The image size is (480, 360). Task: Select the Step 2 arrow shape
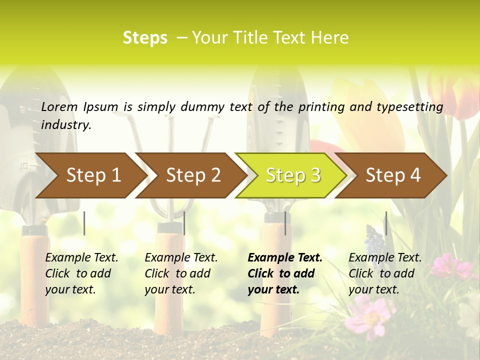click(x=193, y=175)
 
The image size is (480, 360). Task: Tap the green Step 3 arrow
click(x=293, y=175)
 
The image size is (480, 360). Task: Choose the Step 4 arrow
click(x=393, y=175)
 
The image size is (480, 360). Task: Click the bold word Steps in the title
click(x=145, y=37)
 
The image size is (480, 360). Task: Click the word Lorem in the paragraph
click(x=59, y=106)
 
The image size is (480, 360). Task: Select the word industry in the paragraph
click(x=66, y=125)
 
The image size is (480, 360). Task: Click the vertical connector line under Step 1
click(x=84, y=223)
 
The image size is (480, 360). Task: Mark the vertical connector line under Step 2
click(x=184, y=223)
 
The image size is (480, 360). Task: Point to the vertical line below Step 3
click(x=285, y=223)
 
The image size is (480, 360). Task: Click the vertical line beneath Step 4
click(x=386, y=223)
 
